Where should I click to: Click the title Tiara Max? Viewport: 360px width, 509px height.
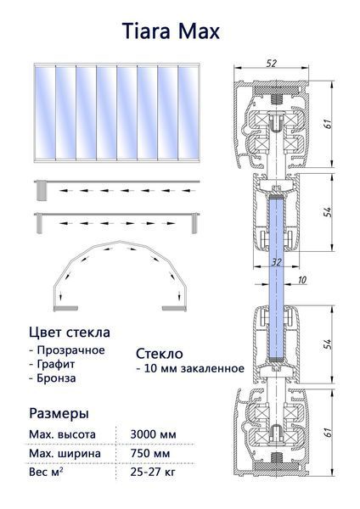[x=171, y=31]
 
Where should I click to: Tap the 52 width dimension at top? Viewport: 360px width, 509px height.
[x=272, y=64]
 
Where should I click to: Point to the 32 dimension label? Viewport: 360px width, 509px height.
[x=276, y=261]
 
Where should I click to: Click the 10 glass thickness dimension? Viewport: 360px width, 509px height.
[x=302, y=279]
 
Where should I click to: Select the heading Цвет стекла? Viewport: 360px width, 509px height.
[x=70, y=333]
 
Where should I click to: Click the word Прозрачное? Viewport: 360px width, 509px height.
[x=70, y=350]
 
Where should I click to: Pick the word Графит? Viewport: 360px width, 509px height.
[x=56, y=364]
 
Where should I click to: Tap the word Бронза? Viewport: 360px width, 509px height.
[x=56, y=378]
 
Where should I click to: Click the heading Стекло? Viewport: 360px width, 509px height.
[x=160, y=354]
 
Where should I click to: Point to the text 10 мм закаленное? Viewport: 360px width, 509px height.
[x=194, y=368]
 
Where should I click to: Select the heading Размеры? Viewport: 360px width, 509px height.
[x=59, y=414]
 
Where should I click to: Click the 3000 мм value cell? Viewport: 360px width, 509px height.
[x=153, y=434]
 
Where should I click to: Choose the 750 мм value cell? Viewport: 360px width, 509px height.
[x=149, y=453]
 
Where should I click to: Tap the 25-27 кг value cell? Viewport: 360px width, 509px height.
[x=153, y=472]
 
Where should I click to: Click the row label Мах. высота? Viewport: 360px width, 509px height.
[x=62, y=434]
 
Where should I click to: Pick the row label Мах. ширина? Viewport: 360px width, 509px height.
[x=65, y=453]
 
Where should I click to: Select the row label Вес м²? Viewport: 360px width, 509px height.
[x=46, y=472]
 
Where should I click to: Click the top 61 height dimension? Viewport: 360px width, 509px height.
[x=328, y=124]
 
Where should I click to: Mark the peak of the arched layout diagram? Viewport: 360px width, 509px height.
[x=121, y=241]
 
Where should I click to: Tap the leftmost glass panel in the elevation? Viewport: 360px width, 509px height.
[x=45, y=112]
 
